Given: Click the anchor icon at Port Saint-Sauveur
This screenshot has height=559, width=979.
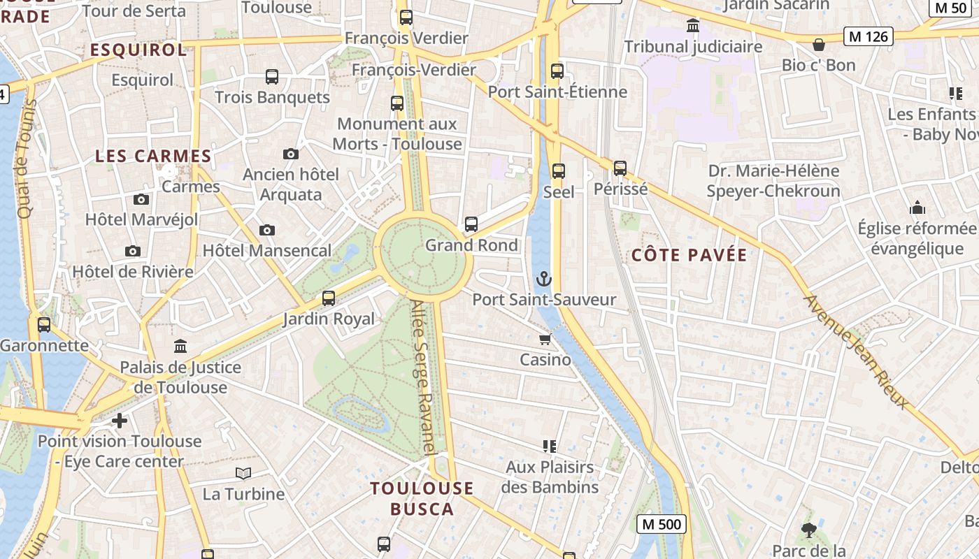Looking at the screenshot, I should (543, 279).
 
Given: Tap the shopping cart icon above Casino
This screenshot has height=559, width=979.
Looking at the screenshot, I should (545, 340).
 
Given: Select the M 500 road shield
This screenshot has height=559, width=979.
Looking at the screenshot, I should (662, 523).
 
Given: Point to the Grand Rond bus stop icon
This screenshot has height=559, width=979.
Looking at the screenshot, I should (471, 224).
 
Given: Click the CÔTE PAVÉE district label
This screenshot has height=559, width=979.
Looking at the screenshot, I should (689, 255).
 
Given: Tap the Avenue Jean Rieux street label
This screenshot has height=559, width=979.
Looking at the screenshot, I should (857, 352).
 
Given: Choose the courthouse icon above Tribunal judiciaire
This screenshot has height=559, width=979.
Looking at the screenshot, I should (693, 26).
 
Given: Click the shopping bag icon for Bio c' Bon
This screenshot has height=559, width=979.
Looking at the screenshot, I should (819, 45).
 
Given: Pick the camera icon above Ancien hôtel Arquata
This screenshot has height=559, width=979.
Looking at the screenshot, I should (290, 154).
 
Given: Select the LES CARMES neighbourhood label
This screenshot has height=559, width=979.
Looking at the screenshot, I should (153, 156).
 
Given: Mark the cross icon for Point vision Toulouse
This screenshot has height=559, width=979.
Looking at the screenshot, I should (120, 421).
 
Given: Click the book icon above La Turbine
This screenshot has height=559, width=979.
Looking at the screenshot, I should (243, 474).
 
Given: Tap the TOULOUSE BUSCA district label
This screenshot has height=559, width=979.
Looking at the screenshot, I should (422, 498).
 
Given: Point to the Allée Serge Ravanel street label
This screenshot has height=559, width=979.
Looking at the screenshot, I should (424, 378).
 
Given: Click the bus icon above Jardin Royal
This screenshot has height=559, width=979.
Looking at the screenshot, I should (329, 298).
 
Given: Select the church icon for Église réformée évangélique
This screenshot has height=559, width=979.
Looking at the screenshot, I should (917, 208).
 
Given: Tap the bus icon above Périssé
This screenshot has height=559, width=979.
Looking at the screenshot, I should (620, 168).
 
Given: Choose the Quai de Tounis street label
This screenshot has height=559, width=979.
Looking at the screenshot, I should (27, 159).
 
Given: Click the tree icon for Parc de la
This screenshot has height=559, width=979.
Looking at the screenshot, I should (809, 530).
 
